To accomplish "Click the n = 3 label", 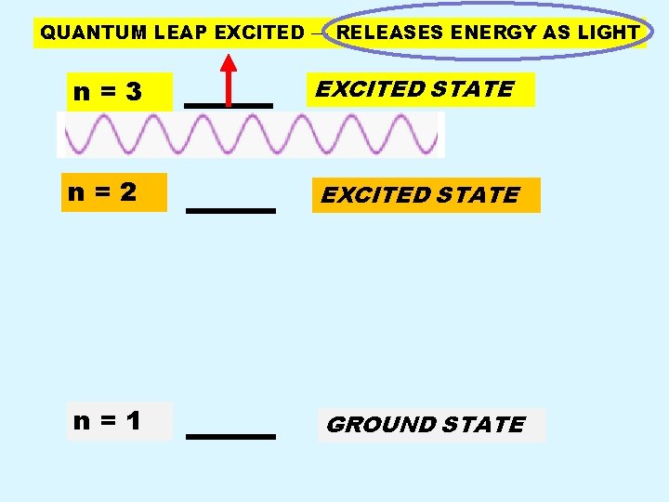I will click(x=108, y=92).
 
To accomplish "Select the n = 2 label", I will click(x=102, y=192).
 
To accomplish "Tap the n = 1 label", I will click(x=107, y=421).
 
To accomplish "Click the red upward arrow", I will click(x=229, y=78).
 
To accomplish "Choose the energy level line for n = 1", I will click(x=230, y=436).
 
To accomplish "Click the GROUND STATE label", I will click(x=426, y=425).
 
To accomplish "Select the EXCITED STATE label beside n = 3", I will click(x=414, y=89).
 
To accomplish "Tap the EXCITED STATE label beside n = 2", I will click(x=420, y=195).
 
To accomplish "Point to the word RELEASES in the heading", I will click(x=377, y=33).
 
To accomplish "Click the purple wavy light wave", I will click(x=251, y=135).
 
